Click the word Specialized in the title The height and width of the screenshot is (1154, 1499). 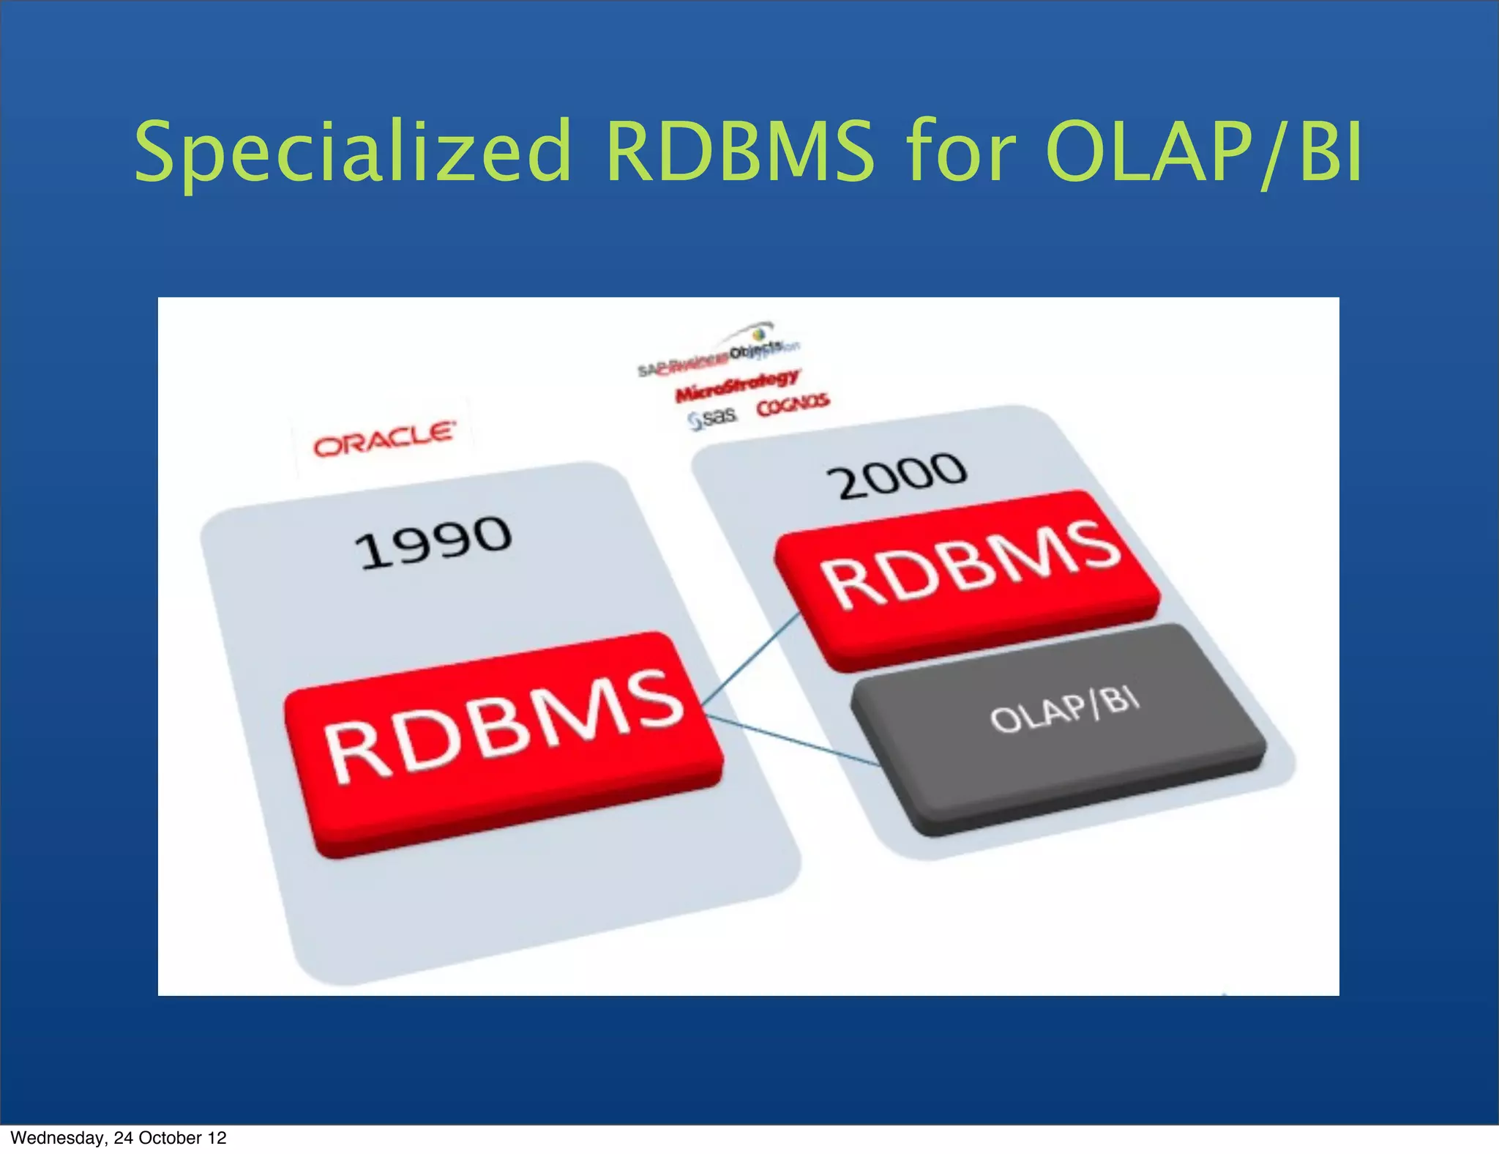(351, 152)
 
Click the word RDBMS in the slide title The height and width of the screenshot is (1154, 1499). (739, 152)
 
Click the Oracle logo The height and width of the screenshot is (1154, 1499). (384, 438)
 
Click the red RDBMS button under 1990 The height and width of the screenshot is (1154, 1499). (504, 740)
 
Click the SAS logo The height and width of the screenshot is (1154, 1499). (713, 418)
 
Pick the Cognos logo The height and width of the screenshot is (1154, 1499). (793, 404)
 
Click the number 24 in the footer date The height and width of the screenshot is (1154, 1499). (123, 1137)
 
